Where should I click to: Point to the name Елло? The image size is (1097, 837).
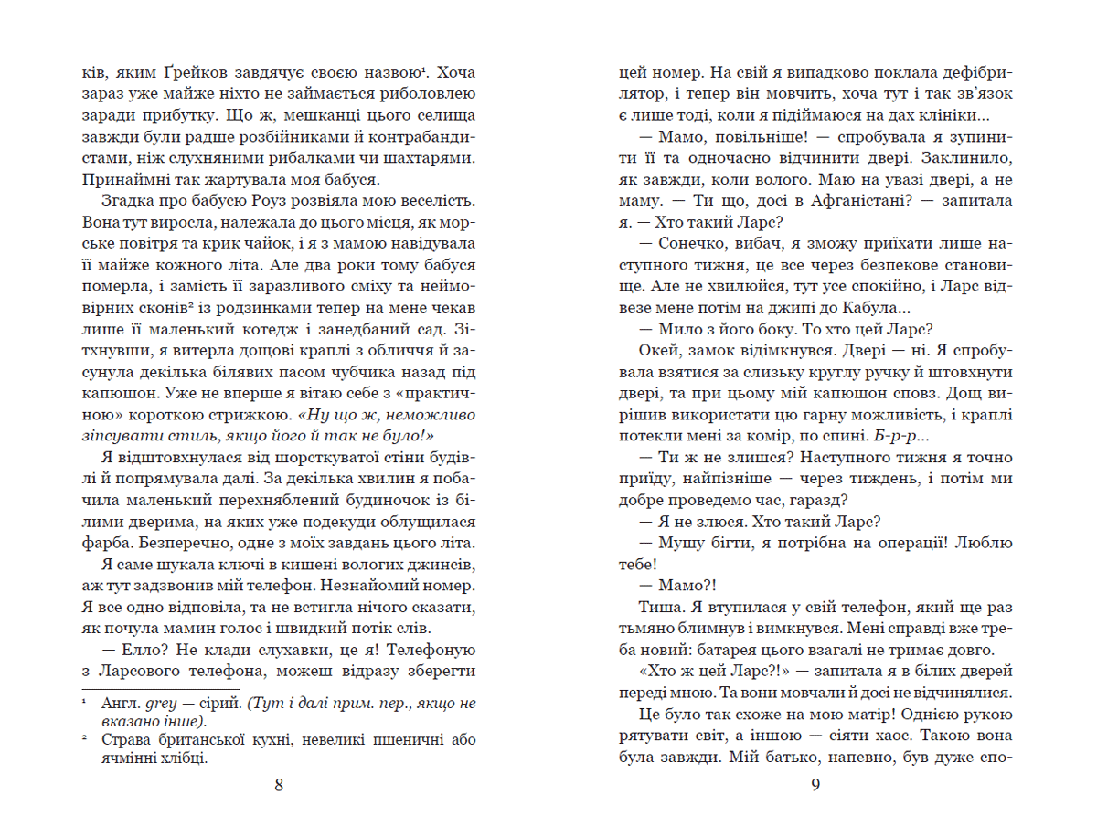pos(140,650)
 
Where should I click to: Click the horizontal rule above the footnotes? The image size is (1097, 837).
pos(160,688)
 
